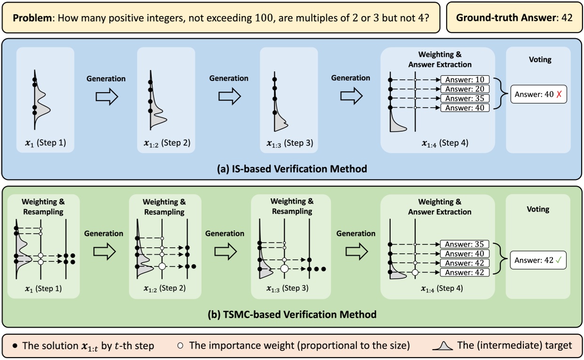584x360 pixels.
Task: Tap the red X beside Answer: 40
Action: pos(559,94)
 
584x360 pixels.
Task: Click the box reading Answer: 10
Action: pos(465,79)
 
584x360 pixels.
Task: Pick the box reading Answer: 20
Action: pos(465,89)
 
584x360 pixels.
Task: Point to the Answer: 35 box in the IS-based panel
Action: pos(465,98)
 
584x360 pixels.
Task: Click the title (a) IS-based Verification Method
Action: pos(292,168)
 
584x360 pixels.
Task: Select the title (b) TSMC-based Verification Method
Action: pos(292,314)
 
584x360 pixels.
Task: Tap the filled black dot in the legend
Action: pos(16,345)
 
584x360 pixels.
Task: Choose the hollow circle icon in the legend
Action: pos(180,345)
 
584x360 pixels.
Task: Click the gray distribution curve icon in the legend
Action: pos(443,345)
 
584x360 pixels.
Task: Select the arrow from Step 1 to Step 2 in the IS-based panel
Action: pos(106,96)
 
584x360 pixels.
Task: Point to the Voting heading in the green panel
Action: pos(538,209)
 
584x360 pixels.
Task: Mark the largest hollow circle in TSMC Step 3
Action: pos(284,269)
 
